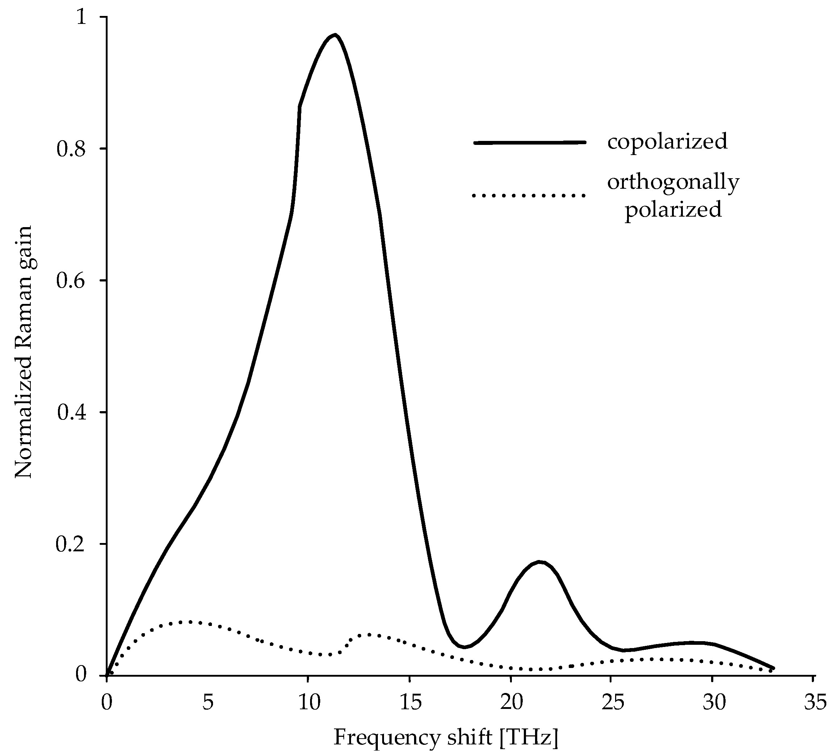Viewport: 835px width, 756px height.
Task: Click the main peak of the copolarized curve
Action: click(x=335, y=35)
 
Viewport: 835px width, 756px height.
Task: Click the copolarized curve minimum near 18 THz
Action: click(x=465, y=647)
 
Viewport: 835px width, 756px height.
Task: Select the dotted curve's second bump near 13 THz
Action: click(x=368, y=634)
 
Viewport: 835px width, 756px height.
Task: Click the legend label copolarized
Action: click(x=667, y=142)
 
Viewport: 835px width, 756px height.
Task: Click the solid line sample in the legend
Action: click(x=530, y=142)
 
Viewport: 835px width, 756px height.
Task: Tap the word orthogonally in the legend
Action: click(x=673, y=182)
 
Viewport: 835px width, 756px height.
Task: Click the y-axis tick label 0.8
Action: click(x=71, y=150)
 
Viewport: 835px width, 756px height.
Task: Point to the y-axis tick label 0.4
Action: click(x=71, y=413)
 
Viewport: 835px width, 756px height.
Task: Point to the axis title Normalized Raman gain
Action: click(x=24, y=352)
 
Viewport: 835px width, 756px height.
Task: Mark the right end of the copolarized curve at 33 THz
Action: click(x=773, y=668)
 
